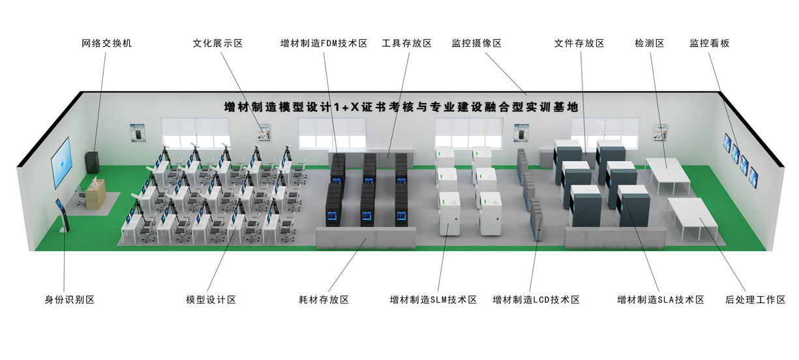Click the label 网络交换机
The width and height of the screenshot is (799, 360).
(107, 43)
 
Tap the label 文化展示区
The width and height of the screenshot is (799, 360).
(217, 43)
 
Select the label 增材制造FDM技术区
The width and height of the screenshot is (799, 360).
(324, 43)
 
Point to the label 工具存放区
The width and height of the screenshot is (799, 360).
(406, 43)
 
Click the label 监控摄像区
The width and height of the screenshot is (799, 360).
(476, 43)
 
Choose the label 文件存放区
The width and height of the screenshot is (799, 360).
(579, 43)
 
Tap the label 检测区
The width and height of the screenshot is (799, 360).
(649, 43)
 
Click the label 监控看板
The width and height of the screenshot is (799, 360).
(709, 43)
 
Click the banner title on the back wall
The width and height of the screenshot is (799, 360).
(400, 108)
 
